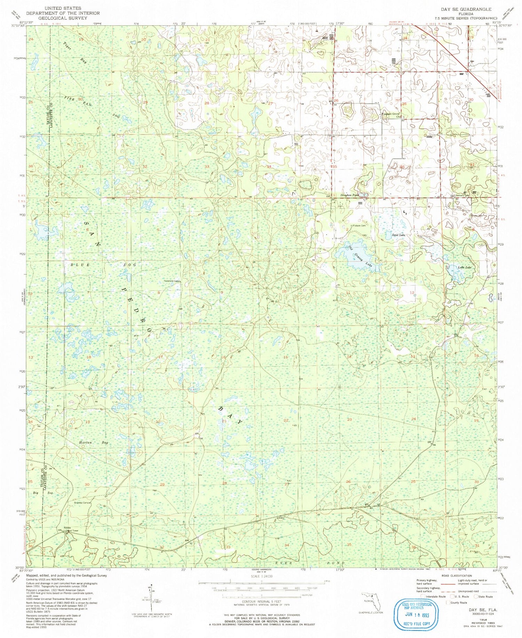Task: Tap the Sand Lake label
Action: pos(398,235)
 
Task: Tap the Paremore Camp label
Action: pos(172,281)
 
